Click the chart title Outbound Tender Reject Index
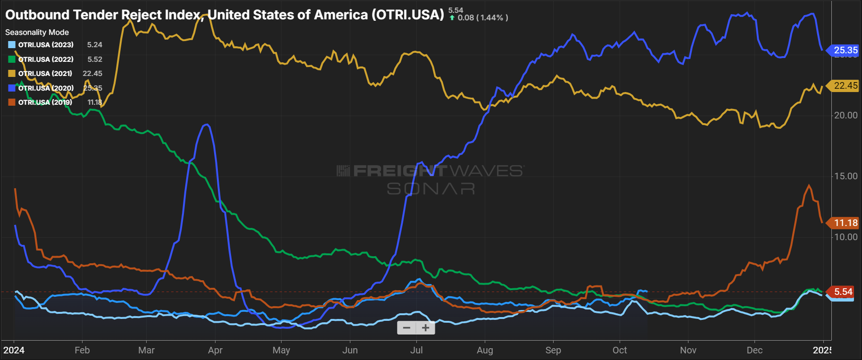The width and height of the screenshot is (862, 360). click(x=224, y=15)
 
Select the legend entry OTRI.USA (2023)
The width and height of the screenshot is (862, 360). click(x=46, y=45)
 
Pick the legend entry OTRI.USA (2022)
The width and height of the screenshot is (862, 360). click(x=46, y=59)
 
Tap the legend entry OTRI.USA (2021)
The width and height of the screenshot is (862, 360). click(x=45, y=74)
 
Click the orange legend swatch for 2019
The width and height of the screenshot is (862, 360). click(x=12, y=102)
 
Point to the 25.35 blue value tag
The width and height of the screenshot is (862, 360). click(x=845, y=50)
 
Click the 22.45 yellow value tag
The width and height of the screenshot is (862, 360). click(x=845, y=86)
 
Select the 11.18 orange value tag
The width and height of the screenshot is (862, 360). click(x=845, y=223)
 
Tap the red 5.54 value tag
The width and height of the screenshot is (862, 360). click(x=843, y=292)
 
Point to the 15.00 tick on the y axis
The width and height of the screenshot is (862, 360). click(x=846, y=176)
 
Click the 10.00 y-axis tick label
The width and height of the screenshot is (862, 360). click(x=846, y=237)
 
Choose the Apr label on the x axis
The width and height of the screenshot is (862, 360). click(x=215, y=351)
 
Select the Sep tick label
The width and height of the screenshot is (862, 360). click(x=553, y=351)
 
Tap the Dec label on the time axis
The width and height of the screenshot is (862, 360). click(x=754, y=351)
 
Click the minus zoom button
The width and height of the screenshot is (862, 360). click(x=406, y=328)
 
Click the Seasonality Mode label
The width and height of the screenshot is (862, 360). click(x=37, y=33)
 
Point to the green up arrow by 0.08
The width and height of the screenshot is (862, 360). click(x=452, y=18)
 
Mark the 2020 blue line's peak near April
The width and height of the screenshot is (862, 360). click(x=206, y=125)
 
